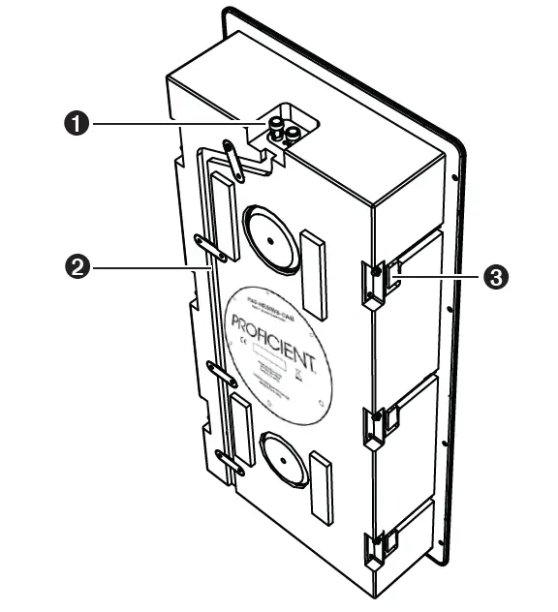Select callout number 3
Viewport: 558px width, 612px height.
(x=495, y=277)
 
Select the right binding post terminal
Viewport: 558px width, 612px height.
(x=290, y=137)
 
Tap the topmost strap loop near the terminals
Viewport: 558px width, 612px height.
(x=231, y=155)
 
